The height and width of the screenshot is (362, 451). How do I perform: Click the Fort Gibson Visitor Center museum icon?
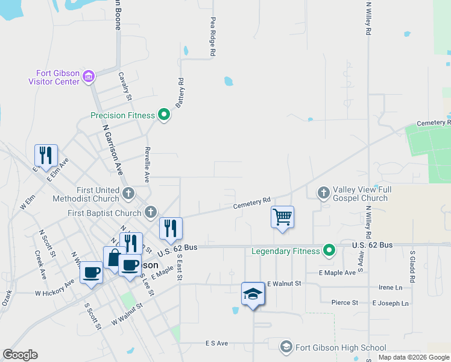click(89, 76)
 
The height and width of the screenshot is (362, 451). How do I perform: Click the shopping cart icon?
click(283, 217)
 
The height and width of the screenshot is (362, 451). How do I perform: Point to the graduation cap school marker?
click(253, 294)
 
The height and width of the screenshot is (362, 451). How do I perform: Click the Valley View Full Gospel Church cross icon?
click(323, 193)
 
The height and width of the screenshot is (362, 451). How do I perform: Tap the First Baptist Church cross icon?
click(150, 212)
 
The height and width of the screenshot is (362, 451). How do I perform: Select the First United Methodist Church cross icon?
click(128, 194)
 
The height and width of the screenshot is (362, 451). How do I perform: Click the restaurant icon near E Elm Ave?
click(46, 156)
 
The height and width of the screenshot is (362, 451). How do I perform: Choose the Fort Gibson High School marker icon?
click(286, 347)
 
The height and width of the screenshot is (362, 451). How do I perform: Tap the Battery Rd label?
click(180, 93)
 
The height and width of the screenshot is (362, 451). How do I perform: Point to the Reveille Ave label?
click(147, 164)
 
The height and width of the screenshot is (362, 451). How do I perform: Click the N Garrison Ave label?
click(112, 150)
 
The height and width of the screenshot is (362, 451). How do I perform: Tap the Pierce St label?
click(344, 302)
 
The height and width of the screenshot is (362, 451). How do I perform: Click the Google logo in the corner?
click(20, 355)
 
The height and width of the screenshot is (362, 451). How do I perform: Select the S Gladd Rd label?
click(412, 267)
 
